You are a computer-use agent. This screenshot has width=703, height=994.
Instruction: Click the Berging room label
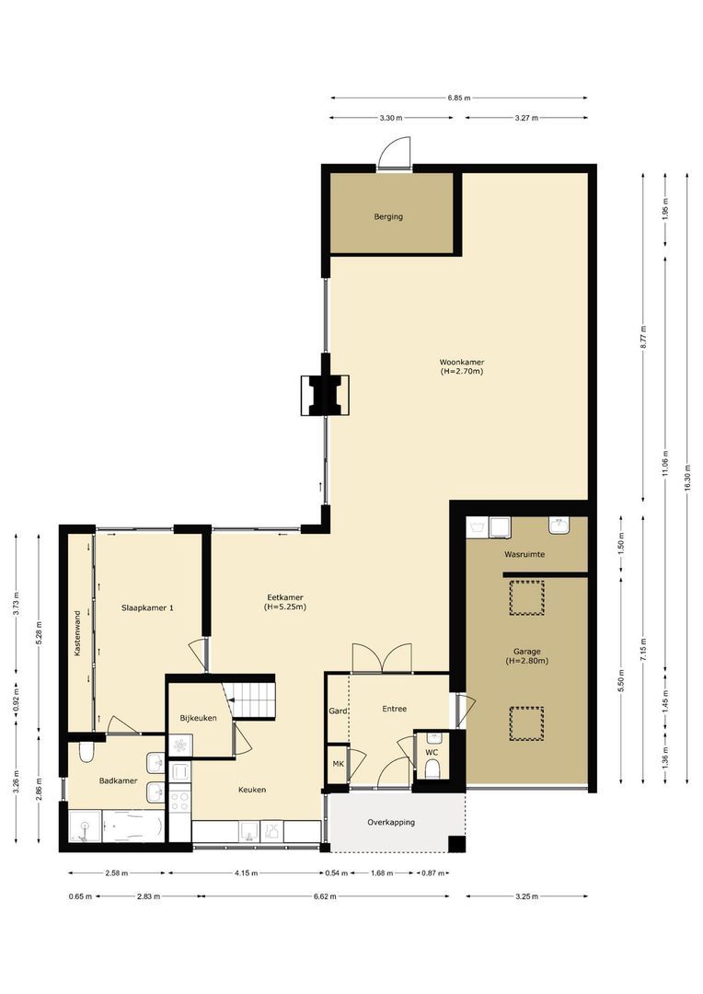click(388, 217)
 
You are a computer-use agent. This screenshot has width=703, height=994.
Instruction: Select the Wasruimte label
click(524, 555)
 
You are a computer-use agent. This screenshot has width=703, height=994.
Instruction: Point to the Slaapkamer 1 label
click(148, 607)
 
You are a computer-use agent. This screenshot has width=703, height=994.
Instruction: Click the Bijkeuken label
click(198, 717)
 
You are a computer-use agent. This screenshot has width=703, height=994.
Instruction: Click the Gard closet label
click(337, 710)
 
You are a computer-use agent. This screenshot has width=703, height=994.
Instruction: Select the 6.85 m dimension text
click(459, 98)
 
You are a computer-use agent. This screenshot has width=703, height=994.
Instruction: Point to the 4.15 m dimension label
click(244, 873)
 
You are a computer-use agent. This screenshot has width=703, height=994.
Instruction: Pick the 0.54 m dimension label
click(333, 873)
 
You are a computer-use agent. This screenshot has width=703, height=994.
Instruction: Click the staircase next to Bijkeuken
click(253, 697)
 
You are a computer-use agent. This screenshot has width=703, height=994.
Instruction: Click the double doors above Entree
click(382, 658)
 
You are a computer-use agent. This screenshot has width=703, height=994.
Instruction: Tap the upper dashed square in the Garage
click(526, 596)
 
